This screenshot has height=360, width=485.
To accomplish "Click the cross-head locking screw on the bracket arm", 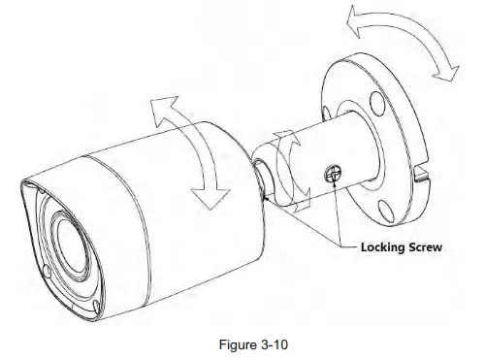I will point(331,173).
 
